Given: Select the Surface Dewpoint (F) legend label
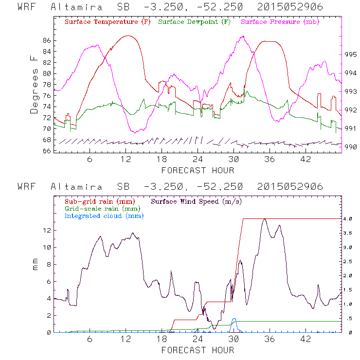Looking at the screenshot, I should (195, 22).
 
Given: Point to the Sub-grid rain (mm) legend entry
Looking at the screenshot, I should (99, 200).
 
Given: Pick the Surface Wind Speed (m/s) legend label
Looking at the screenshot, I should (198, 200).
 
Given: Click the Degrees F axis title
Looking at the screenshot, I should (34, 84).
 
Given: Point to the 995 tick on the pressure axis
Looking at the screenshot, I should (351, 54).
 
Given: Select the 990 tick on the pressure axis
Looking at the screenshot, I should (351, 147).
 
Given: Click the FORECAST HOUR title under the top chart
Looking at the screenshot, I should (198, 170).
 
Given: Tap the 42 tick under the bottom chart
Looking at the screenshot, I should (306, 339).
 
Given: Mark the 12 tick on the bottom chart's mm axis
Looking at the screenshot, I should (46, 230).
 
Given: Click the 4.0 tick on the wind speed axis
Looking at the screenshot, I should (350, 219).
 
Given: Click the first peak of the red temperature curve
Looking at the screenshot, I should (127, 36).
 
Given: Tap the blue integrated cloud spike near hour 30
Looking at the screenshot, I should (234, 320).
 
